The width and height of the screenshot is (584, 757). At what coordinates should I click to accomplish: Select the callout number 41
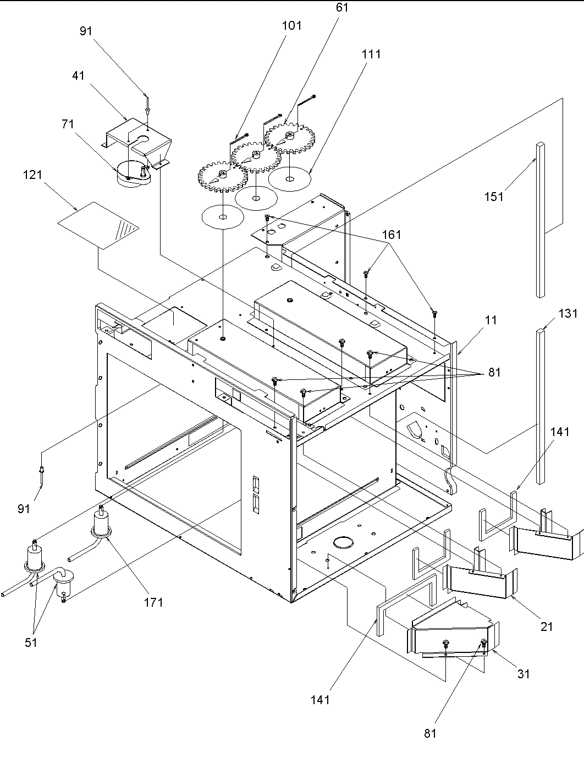tap(79, 75)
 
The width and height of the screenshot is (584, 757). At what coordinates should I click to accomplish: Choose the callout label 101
tap(291, 25)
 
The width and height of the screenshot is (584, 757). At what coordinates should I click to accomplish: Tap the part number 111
tap(371, 54)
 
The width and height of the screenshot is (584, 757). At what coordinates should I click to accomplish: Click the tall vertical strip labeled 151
tap(541, 220)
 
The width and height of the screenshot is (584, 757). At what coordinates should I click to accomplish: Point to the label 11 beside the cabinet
tap(491, 320)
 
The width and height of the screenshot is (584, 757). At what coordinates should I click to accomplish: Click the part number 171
tap(153, 602)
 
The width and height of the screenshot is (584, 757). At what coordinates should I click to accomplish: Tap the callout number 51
tap(31, 642)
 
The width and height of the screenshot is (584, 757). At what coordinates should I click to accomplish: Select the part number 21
tap(546, 626)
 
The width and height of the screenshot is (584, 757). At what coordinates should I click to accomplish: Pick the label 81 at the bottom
tap(430, 733)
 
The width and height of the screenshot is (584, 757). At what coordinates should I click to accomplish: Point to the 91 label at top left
tap(86, 31)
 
